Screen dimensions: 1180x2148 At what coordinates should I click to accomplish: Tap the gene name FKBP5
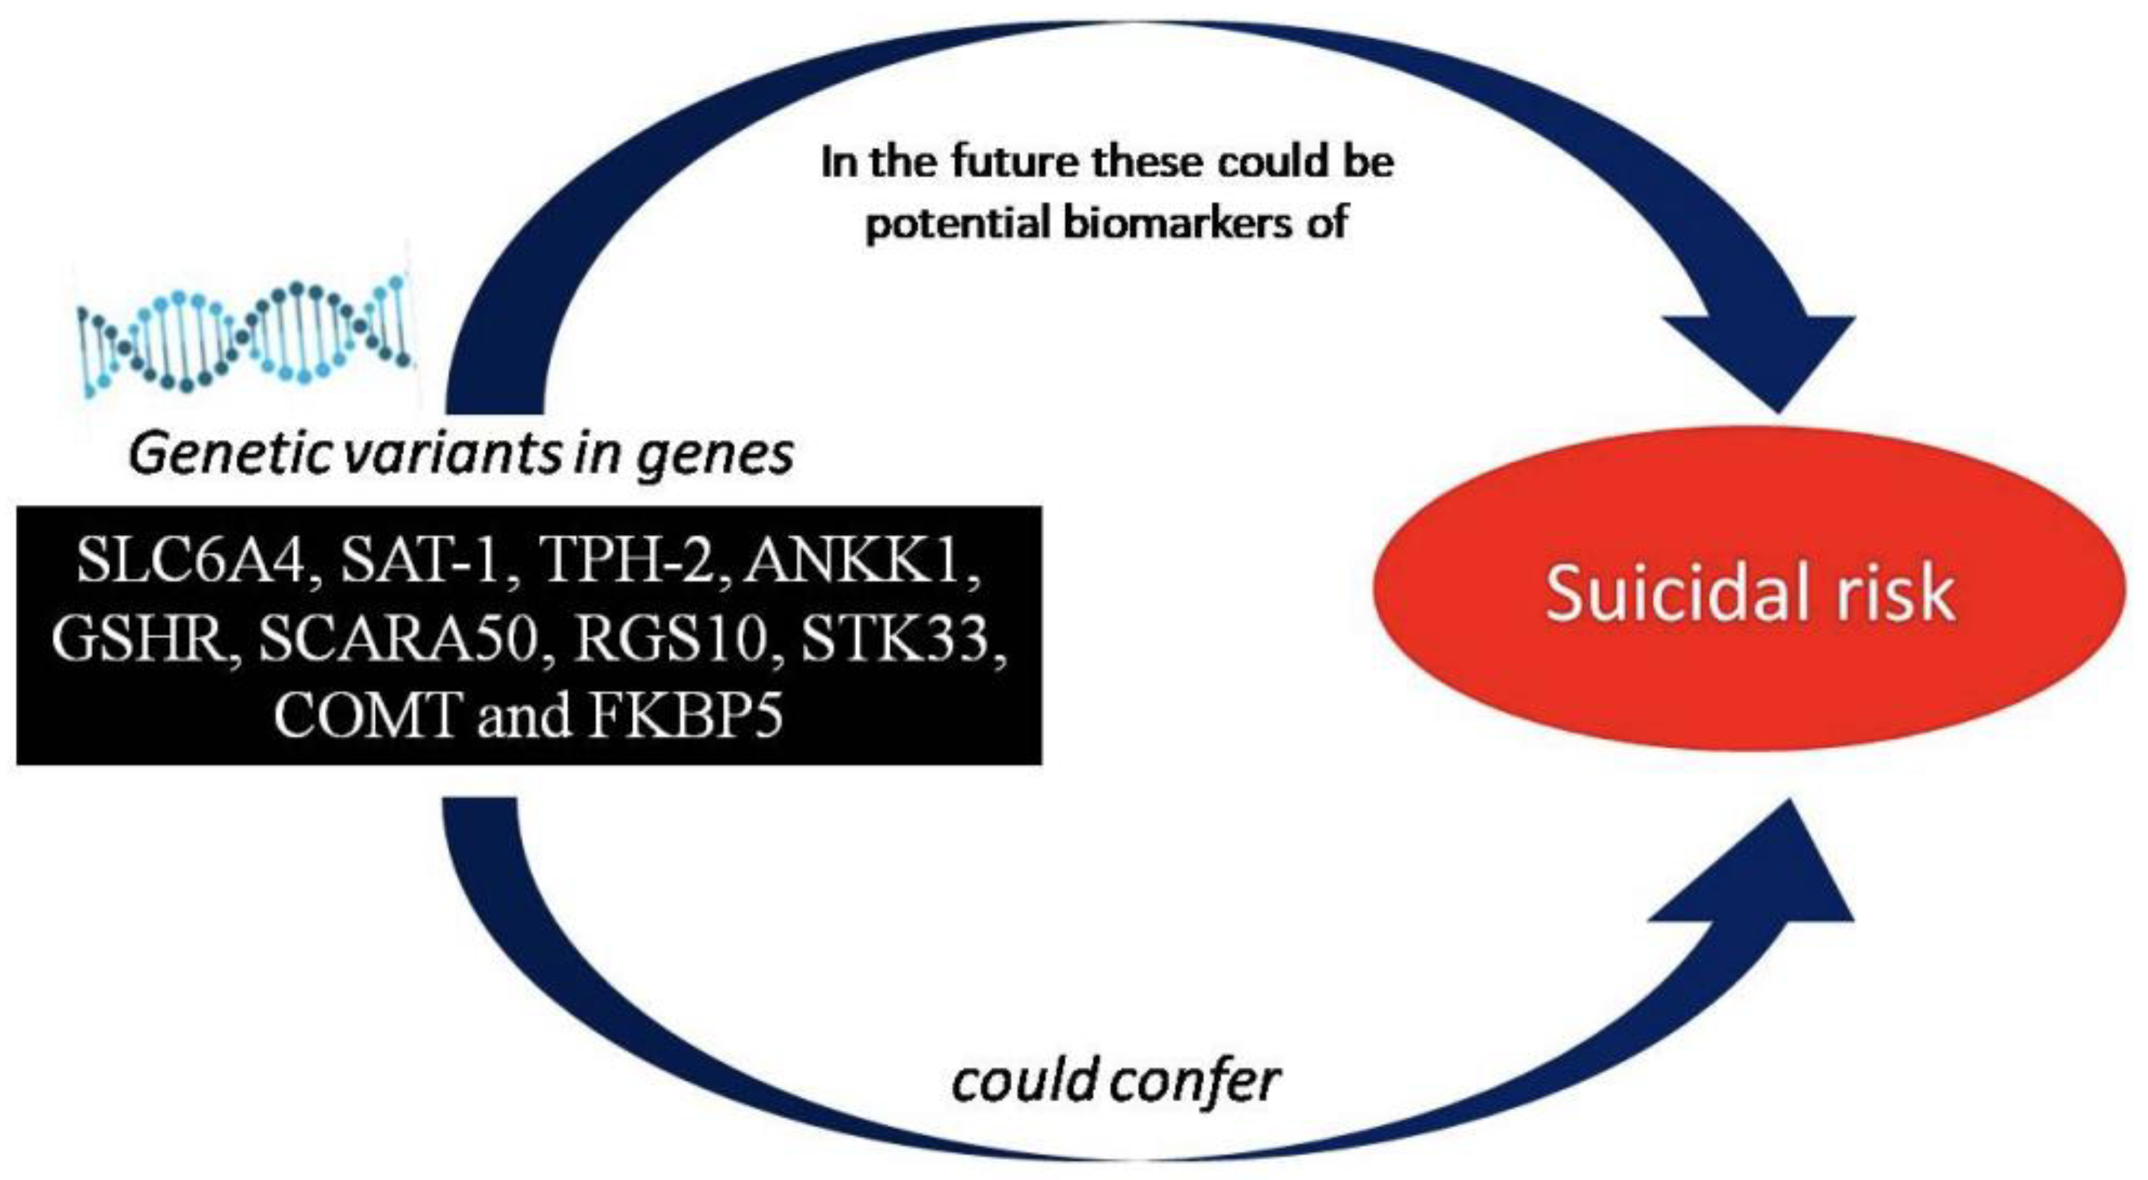[x=686, y=715]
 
